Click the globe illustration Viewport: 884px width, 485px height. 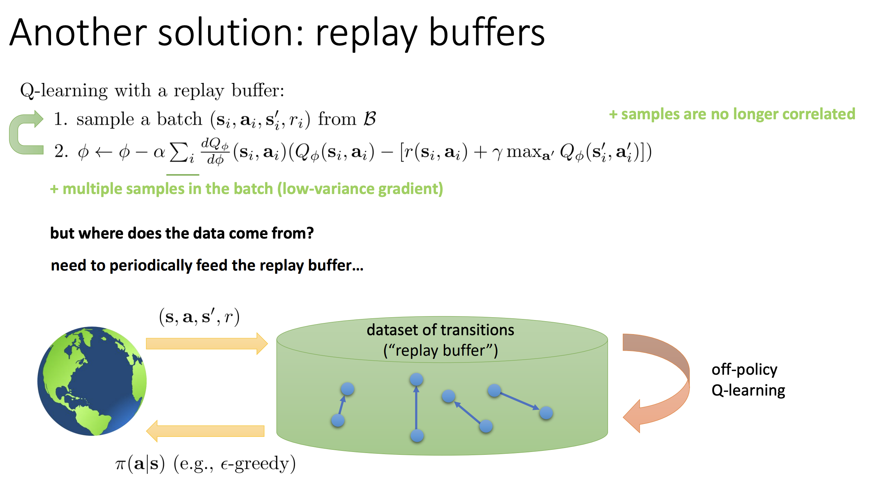coord(92,381)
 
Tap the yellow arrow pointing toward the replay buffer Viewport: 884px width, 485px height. coord(206,343)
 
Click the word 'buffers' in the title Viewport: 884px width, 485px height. coord(487,33)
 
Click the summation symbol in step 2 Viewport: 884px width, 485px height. coord(179,152)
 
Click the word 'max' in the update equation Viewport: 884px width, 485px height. coord(524,152)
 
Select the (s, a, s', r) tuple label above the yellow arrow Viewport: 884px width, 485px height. coord(199,317)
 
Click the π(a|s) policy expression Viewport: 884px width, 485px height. coord(140,463)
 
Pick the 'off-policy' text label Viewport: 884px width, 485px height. coord(744,369)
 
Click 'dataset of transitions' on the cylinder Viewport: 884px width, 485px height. coord(440,330)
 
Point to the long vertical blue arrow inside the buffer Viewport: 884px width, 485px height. coord(416,408)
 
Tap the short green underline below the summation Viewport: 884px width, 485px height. coord(183,175)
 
